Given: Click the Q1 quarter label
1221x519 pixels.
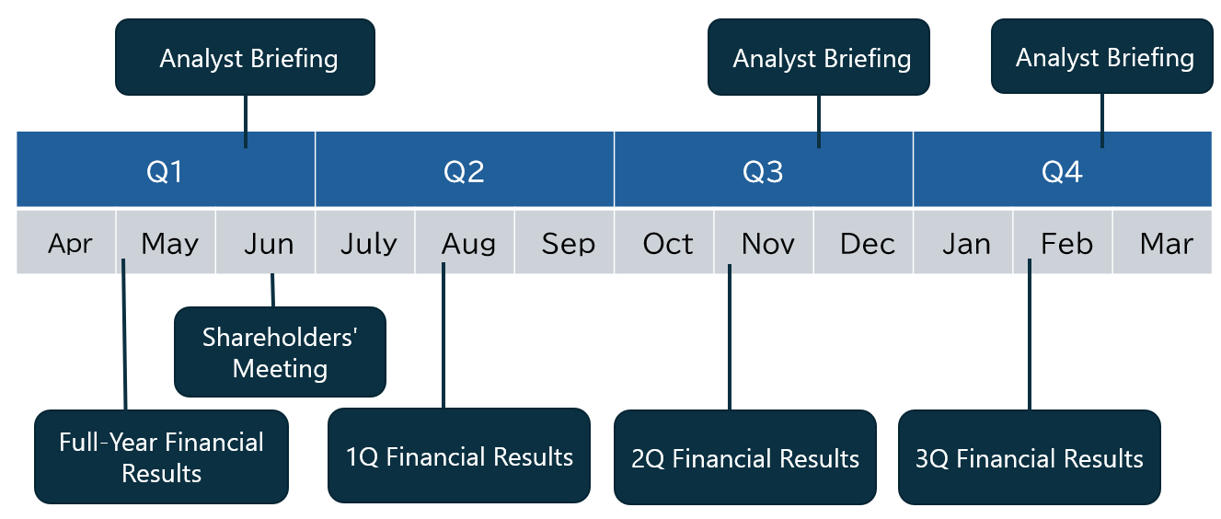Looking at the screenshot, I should point(166,171).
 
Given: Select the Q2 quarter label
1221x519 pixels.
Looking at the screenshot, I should point(464,171).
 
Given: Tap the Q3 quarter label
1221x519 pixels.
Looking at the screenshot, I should point(763,171).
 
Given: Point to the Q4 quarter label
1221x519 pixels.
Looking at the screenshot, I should point(1062,171).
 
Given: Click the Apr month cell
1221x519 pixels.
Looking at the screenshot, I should point(70,243).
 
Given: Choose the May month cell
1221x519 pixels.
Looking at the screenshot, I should point(169,243).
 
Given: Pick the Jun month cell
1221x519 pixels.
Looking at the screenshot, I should point(268,243).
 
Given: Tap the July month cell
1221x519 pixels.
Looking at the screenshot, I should point(368,243).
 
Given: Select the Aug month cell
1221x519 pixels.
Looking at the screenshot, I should point(467,243).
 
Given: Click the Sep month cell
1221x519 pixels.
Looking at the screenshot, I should point(568,243).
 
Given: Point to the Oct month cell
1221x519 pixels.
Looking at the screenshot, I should point(667,243).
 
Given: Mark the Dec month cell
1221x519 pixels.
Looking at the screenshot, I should point(867,243).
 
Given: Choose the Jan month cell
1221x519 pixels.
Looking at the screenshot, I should point(966,243).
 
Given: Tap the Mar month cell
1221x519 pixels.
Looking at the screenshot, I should point(1166,243).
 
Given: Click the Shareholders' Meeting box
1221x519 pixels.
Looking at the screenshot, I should point(280,352).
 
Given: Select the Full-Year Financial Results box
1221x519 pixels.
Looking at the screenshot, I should point(161,457).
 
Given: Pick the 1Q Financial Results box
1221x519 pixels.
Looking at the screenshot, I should point(459,456).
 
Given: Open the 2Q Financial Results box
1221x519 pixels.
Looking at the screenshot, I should point(745,457).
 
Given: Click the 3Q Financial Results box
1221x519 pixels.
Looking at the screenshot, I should point(1029,457).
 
